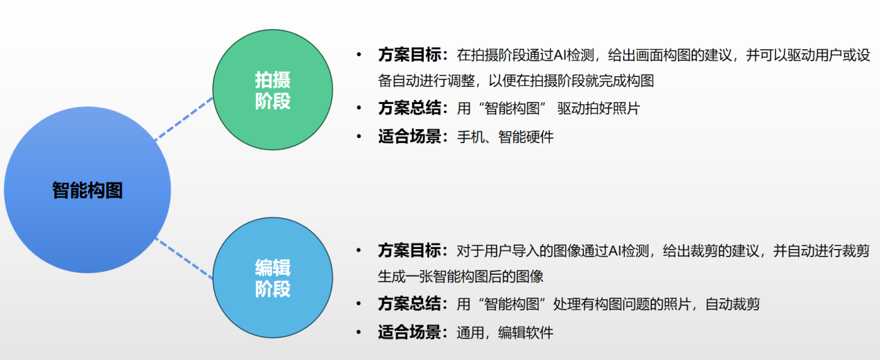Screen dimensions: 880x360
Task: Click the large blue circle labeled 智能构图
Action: pos(87,190)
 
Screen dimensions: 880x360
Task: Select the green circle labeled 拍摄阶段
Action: pos(273,89)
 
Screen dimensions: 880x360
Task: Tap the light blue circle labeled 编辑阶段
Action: pos(273,277)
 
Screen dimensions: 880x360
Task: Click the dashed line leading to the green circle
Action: pos(184,119)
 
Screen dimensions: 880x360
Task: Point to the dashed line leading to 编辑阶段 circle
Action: pos(184,258)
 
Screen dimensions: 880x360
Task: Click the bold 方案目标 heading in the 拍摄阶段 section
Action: pos(409,55)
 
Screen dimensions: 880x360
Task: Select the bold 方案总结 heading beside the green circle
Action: pos(409,108)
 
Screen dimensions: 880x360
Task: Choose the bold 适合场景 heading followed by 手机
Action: pos(409,137)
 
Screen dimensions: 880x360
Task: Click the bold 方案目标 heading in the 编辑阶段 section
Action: pos(409,250)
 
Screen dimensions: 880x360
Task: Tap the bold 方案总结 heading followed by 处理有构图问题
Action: pos(409,304)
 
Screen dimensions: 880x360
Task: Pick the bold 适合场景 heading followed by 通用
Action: pos(409,332)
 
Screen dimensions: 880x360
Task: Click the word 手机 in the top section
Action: pos(470,137)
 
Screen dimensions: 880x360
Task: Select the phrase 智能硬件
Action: pos(526,137)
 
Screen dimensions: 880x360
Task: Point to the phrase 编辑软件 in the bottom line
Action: pos(526,333)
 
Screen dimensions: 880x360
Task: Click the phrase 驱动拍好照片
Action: pos(598,108)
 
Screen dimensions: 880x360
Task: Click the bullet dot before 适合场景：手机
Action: pos(359,137)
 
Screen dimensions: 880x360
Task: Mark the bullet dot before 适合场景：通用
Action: pos(359,332)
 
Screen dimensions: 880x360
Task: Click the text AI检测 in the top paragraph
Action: pos(573,55)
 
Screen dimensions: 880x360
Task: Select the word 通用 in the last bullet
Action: pos(470,333)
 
